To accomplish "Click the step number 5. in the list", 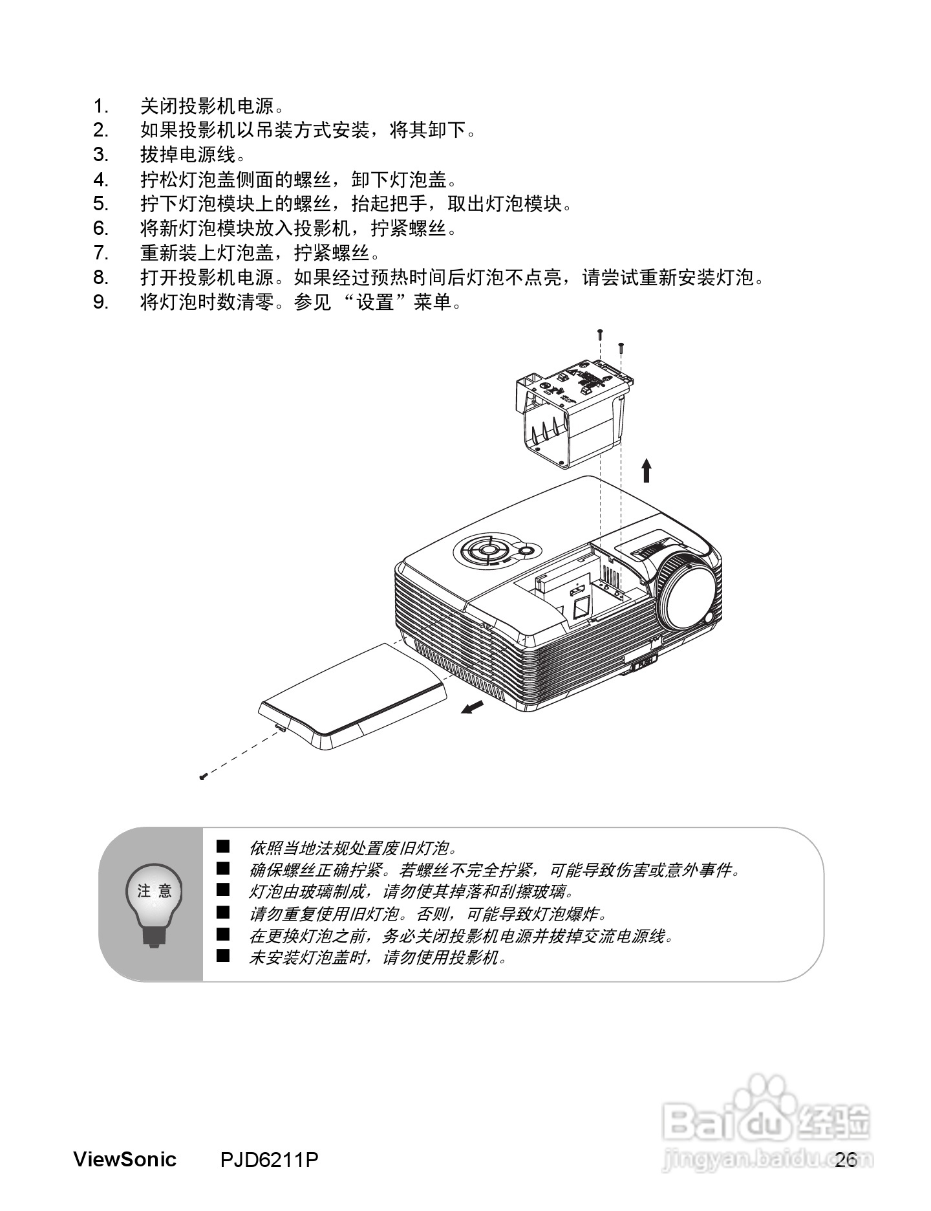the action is pos(100,204).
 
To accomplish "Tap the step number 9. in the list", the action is pos(100,302).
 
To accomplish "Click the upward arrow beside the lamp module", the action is pos(646,470).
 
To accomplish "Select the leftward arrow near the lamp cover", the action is pos(473,707).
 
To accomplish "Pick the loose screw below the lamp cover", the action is pos(203,776).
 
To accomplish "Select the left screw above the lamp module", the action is pos(600,334).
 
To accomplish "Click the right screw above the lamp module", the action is pos(621,347).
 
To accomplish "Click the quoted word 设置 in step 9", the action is pos(376,302).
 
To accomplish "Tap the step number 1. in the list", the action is pos(100,106).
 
